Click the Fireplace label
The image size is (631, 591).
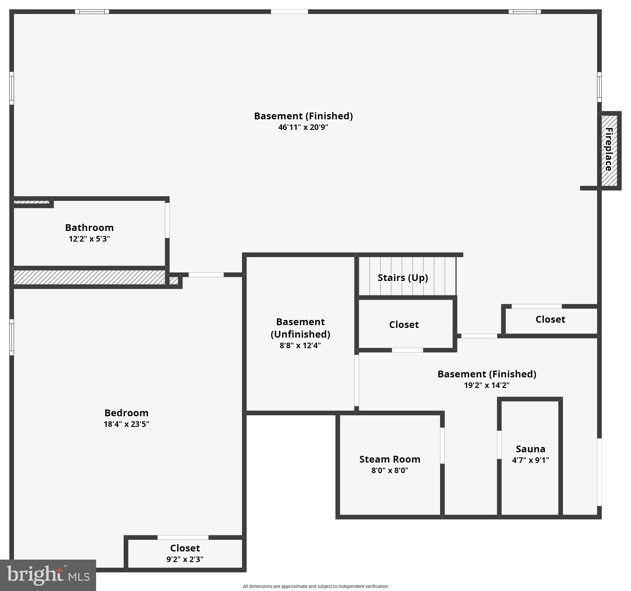click(609, 149)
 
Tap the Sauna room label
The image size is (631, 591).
click(530, 449)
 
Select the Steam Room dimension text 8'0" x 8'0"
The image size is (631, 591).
click(389, 470)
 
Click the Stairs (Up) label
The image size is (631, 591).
click(402, 278)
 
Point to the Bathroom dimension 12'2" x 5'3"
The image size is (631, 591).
click(89, 238)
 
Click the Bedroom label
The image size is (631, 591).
click(126, 413)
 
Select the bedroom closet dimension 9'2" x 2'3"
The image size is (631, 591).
click(185, 559)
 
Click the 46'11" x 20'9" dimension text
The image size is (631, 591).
click(303, 127)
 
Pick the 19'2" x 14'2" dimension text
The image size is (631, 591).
click(487, 385)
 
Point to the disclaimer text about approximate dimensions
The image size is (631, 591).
click(315, 586)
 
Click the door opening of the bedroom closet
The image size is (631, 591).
click(183, 538)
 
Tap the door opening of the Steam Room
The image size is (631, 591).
click(442, 446)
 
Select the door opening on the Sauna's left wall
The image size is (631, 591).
click(499, 445)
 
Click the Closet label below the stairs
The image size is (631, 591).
click(404, 325)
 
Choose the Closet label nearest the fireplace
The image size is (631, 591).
click(550, 319)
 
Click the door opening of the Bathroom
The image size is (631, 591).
click(167, 220)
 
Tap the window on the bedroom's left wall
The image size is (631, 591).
click(12, 337)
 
